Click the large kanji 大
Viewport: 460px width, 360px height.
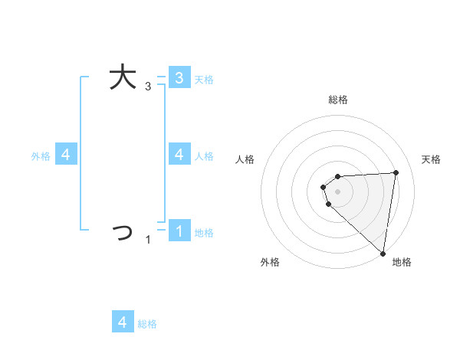[x=123, y=77]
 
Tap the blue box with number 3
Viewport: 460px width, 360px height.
[x=179, y=77]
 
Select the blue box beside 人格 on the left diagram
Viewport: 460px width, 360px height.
[x=179, y=155]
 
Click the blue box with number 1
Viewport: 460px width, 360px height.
[x=179, y=231]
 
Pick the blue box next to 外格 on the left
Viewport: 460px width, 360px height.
[x=66, y=155]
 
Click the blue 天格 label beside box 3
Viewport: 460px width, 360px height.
[x=204, y=79]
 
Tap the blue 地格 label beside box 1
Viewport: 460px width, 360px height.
[x=204, y=233]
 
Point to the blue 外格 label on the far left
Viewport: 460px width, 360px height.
[x=41, y=156]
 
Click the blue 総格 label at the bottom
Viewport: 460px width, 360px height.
[x=147, y=324]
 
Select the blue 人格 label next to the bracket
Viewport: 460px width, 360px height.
[x=204, y=156]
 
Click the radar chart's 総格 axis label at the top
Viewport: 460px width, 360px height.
[x=338, y=100]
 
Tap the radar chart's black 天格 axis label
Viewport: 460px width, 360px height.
[x=432, y=159]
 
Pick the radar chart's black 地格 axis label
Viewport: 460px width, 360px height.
[x=402, y=263]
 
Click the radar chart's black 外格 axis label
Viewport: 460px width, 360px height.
[x=269, y=263]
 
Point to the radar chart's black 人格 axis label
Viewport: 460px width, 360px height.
[x=245, y=159]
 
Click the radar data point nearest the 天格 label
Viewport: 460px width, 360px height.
[x=396, y=172]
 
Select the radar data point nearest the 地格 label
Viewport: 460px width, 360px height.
[x=382, y=253]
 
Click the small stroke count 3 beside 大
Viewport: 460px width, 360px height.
[x=148, y=87]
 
